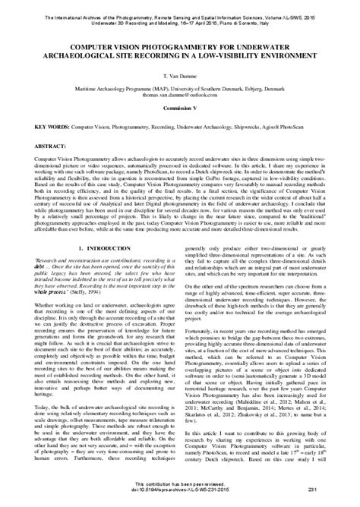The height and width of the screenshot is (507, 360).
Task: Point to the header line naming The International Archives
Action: pos(180,7)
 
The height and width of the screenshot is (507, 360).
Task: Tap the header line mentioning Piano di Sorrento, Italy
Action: pos(180,13)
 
